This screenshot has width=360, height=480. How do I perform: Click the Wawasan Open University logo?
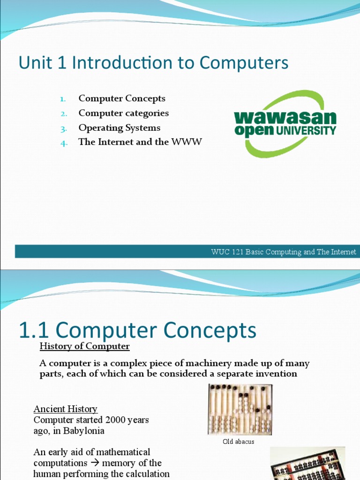[x=285, y=123]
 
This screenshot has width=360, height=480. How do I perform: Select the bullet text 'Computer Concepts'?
[x=122, y=98]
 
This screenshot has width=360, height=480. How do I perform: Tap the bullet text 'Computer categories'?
[x=123, y=113]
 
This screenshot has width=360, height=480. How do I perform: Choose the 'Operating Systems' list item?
[x=119, y=127]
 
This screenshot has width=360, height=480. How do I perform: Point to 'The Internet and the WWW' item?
[x=140, y=142]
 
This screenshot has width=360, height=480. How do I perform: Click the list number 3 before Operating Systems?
[x=64, y=128]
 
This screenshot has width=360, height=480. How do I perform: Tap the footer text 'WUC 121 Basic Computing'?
[x=256, y=252]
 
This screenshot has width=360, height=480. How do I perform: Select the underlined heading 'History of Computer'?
[x=84, y=346]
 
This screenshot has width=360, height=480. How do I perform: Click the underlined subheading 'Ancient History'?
[x=65, y=409]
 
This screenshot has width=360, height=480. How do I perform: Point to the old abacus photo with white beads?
[x=240, y=409]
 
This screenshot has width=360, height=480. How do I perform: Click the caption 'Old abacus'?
[x=239, y=442]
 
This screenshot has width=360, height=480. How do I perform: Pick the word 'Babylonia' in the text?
[x=84, y=431]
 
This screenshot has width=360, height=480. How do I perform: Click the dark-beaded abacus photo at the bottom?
[x=307, y=464]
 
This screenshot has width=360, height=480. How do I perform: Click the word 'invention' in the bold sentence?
[x=276, y=374]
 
